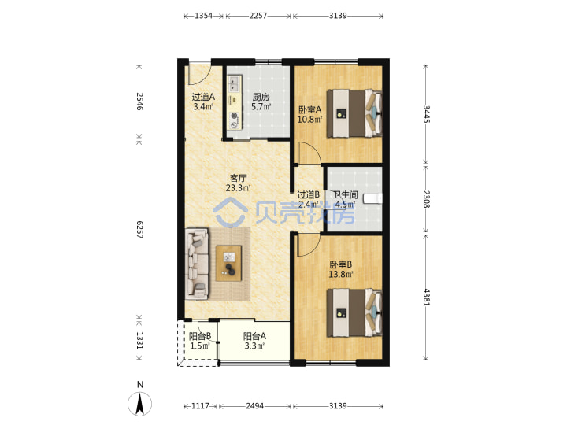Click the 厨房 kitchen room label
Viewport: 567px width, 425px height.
pyautogui.click(x=261, y=97)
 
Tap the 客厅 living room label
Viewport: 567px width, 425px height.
pyautogui.click(x=239, y=178)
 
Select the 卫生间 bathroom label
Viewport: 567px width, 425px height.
pyautogui.click(x=346, y=195)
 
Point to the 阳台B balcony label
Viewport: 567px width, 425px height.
pyautogui.click(x=200, y=337)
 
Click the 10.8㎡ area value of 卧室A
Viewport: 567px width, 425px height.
pyautogui.click(x=310, y=120)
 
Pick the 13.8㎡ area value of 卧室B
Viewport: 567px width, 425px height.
pyautogui.click(x=341, y=275)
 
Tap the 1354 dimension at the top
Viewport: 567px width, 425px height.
pyautogui.click(x=204, y=16)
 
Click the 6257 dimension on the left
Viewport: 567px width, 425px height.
pyautogui.click(x=140, y=230)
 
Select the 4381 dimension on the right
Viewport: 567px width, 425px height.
pyautogui.click(x=427, y=297)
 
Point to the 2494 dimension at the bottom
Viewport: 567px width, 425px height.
pyautogui.click(x=255, y=406)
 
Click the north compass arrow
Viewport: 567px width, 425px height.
pyautogui.click(x=139, y=404)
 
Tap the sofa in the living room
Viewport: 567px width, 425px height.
pyautogui.click(x=197, y=264)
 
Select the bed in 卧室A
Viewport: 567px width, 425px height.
pyautogui.click(x=354, y=113)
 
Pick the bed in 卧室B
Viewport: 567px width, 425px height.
pyautogui.click(x=354, y=312)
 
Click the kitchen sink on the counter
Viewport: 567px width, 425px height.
pyautogui.click(x=234, y=84)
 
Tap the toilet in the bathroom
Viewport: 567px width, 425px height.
pyautogui.click(x=372, y=198)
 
